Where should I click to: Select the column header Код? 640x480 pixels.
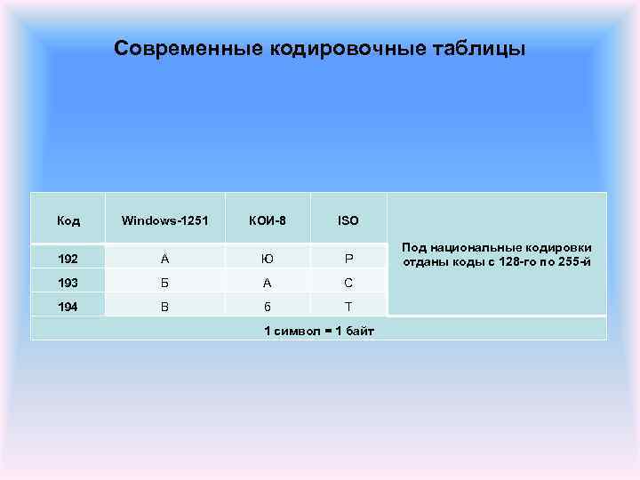tap(68, 220)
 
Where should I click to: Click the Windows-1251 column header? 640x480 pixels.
tap(164, 220)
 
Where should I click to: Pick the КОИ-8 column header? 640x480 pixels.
tap(268, 220)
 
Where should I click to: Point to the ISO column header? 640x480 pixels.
tap(348, 220)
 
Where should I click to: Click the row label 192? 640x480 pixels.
tap(68, 260)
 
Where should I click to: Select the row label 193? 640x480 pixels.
tap(68, 283)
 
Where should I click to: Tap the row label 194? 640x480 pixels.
tap(68, 307)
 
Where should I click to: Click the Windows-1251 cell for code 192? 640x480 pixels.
tap(164, 260)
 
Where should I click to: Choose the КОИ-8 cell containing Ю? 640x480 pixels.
tap(268, 260)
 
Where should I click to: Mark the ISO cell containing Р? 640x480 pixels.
tap(348, 260)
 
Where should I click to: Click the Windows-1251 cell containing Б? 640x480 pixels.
tap(164, 283)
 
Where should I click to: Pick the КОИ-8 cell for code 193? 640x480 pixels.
tap(268, 283)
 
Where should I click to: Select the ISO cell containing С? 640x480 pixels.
tap(348, 283)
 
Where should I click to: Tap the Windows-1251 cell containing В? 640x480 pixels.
tap(164, 307)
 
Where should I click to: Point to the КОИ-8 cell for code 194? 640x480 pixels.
tap(268, 307)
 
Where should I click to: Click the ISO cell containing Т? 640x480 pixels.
tap(348, 307)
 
